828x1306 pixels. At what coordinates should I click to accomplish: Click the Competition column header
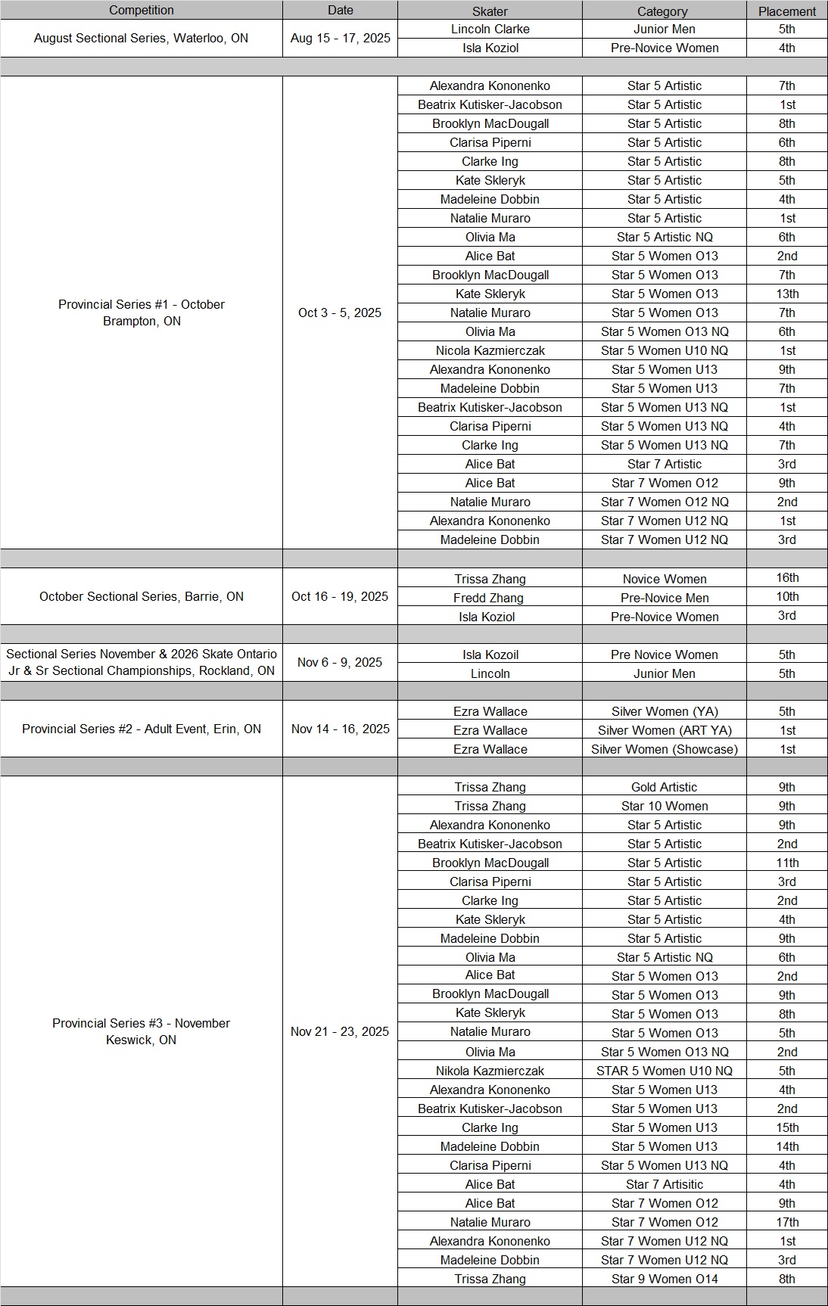coord(142,10)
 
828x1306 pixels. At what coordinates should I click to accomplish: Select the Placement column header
coord(787,11)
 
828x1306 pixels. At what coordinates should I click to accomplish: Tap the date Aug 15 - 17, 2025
coord(340,38)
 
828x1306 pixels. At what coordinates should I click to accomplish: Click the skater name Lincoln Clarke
coord(490,29)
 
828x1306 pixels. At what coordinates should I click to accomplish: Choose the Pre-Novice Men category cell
coord(665,598)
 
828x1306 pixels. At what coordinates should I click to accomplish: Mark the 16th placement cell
coord(787,577)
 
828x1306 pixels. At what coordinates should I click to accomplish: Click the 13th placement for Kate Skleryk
coord(787,294)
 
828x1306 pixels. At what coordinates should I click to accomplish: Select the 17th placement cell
coord(787,1222)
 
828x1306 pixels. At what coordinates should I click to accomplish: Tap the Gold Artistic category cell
coord(664,787)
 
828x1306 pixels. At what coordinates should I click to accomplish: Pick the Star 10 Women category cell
coord(665,806)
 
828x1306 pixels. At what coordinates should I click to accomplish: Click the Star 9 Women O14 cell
coord(665,1279)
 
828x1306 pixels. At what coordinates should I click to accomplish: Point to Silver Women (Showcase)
coord(664,749)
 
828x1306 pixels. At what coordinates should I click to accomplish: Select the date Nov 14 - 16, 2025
coord(340,729)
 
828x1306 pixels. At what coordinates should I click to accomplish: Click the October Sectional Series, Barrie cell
coord(142,596)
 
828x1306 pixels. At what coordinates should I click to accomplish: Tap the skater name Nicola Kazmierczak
coord(490,350)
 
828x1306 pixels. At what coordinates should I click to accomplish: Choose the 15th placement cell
coord(787,1127)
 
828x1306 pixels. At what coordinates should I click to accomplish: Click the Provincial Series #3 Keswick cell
coord(142,1031)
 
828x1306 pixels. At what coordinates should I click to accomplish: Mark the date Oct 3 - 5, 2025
coord(340,313)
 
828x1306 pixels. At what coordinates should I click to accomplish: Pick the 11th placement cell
coord(787,863)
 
